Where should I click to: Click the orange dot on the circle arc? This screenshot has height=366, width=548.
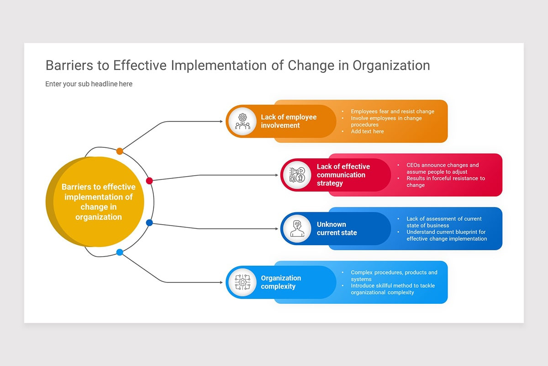pyautogui.click(x=120, y=151)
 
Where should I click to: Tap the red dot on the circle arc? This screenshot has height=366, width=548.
pyautogui.click(x=149, y=181)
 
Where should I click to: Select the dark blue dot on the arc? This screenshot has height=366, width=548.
pyautogui.click(x=149, y=223)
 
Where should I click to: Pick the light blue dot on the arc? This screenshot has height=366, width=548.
pyautogui.click(x=120, y=252)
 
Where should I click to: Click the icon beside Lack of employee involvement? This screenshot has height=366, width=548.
pyautogui.click(x=242, y=121)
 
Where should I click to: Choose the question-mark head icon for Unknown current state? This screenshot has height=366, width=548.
pyautogui.click(x=297, y=228)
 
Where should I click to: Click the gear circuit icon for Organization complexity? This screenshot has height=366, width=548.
pyautogui.click(x=242, y=282)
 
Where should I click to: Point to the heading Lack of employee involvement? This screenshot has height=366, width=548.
pyautogui.click(x=288, y=121)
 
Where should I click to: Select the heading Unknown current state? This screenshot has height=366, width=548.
pyautogui.click(x=337, y=228)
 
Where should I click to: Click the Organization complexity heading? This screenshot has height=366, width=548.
pyautogui.click(x=281, y=282)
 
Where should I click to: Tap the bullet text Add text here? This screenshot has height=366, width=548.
pyautogui.click(x=367, y=131)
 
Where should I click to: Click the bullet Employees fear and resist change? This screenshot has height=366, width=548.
pyautogui.click(x=392, y=112)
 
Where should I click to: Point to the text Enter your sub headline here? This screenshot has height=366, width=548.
pyautogui.click(x=89, y=84)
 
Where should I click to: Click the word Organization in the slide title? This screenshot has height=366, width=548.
pyautogui.click(x=391, y=65)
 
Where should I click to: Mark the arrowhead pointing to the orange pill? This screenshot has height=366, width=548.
pyautogui.click(x=221, y=121)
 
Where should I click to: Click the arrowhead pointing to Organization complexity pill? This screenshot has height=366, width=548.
pyautogui.click(x=221, y=282)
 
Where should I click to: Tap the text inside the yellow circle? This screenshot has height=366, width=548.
pyautogui.click(x=99, y=202)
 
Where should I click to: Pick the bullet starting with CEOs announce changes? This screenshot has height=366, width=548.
pyautogui.click(x=442, y=168)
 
